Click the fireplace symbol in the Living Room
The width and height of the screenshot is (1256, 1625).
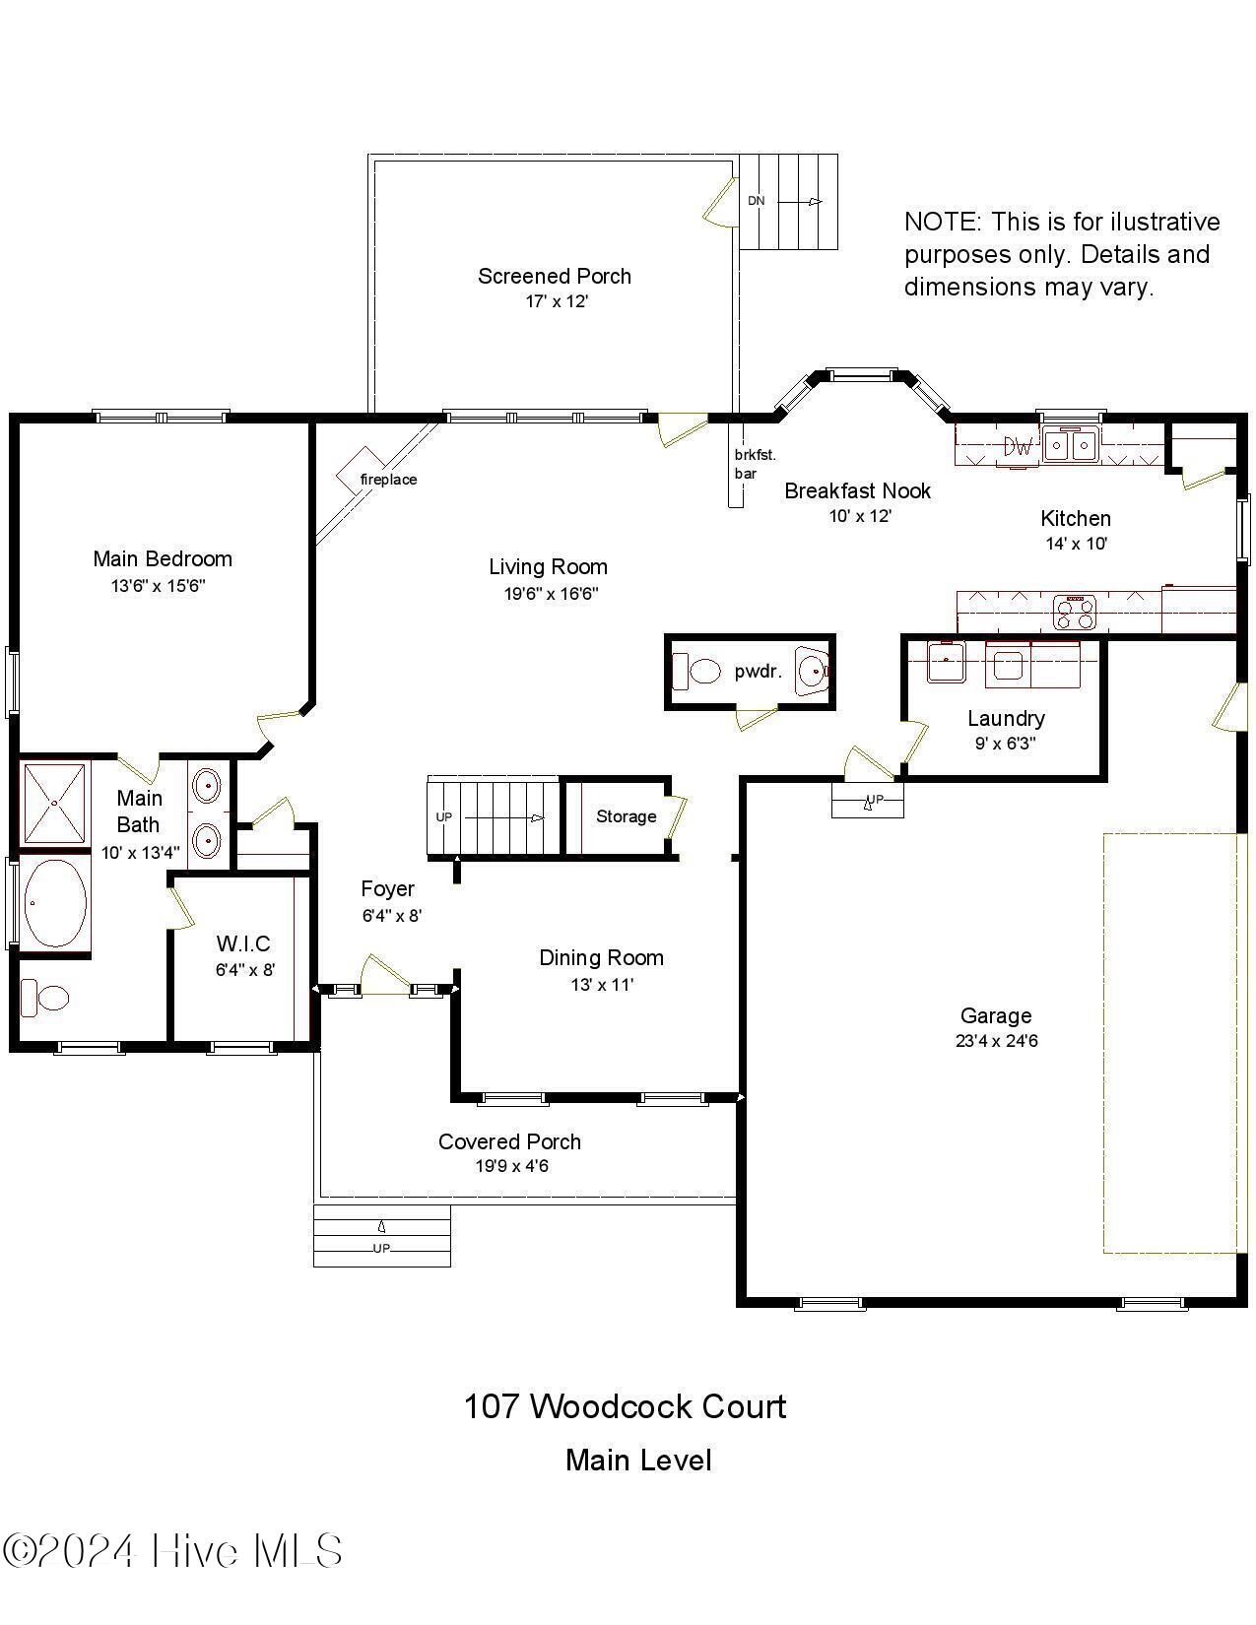(x=359, y=470)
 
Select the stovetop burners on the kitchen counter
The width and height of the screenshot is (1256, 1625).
(x=1075, y=612)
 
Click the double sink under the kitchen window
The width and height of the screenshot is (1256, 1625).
(x=1071, y=445)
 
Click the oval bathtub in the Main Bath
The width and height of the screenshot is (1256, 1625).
(x=54, y=902)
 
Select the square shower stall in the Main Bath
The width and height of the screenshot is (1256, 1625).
(x=55, y=803)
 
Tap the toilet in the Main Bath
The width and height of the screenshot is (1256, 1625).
(x=45, y=997)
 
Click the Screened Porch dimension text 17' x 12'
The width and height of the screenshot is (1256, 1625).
(x=556, y=301)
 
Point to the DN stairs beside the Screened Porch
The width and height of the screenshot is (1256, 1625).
(x=788, y=202)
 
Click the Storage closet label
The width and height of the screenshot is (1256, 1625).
(x=626, y=816)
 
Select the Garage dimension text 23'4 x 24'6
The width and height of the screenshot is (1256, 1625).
(x=996, y=1041)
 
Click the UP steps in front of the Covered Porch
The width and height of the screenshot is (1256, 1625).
(x=382, y=1236)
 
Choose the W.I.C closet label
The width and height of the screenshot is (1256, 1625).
(x=243, y=943)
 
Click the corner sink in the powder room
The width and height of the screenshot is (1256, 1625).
(x=813, y=672)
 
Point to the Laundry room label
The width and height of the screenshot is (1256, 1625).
(x=1005, y=718)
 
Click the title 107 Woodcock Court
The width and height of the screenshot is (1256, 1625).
(x=625, y=1406)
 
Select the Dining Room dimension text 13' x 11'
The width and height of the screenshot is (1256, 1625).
(x=601, y=984)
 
